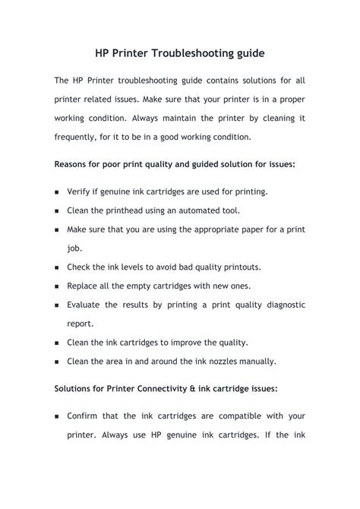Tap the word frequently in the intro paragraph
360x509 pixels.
click(80, 138)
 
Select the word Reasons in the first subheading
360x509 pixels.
click(74, 163)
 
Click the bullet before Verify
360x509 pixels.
click(58, 193)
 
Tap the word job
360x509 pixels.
click(74, 248)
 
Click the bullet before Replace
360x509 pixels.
click(58, 286)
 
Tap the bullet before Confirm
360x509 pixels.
click(58, 417)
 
